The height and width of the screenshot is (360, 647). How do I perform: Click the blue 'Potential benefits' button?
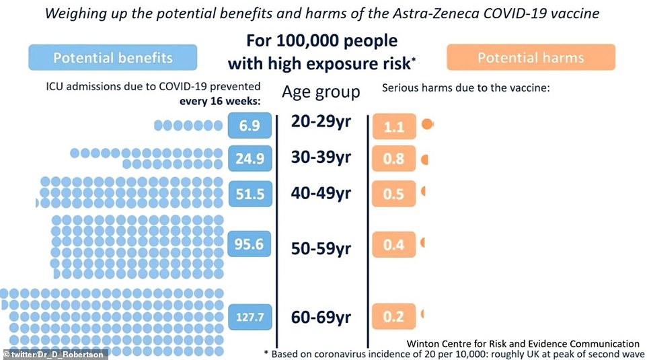click(x=112, y=58)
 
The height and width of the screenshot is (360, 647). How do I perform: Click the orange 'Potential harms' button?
click(x=531, y=58)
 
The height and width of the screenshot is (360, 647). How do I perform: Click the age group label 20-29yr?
click(x=321, y=122)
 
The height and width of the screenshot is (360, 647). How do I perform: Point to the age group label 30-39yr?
click(x=321, y=157)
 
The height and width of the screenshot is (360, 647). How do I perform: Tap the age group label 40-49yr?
click(x=321, y=194)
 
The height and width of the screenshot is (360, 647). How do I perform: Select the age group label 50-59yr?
click(x=321, y=248)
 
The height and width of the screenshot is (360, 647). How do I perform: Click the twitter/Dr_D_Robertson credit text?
click(x=54, y=354)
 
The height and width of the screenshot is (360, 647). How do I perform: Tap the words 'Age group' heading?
click(x=321, y=92)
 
